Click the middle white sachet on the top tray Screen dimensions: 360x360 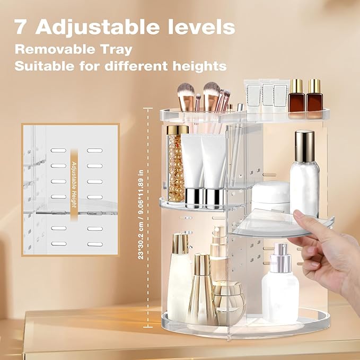click(268, 95)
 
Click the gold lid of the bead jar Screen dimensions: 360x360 click(177, 130)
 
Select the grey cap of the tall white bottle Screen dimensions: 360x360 click(304, 146)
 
